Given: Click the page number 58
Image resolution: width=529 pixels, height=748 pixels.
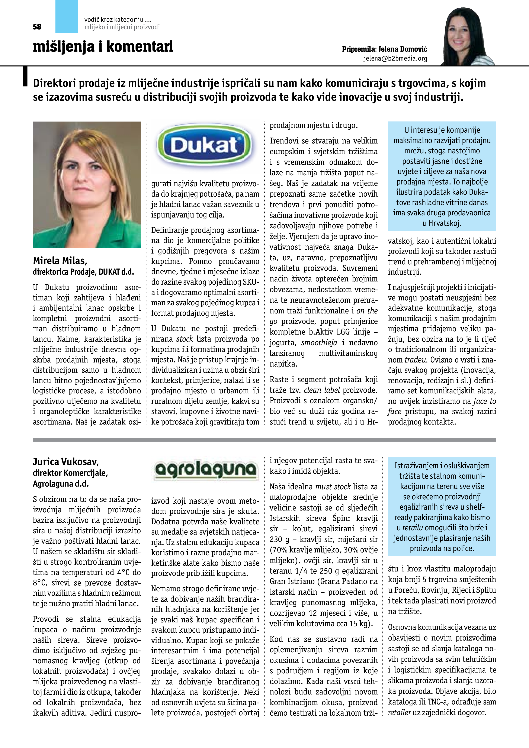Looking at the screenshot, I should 37,27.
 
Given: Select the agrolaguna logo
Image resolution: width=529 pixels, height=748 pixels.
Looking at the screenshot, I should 205,470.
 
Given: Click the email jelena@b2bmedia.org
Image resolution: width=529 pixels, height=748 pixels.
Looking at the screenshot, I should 395,58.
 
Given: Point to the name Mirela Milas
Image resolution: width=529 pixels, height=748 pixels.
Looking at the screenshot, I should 60,261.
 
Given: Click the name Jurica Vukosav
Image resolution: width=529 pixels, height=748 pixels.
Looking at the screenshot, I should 65,462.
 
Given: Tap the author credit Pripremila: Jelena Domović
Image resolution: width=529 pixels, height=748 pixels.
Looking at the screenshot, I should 384,49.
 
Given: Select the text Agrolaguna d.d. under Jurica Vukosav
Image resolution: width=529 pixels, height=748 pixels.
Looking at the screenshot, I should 61,484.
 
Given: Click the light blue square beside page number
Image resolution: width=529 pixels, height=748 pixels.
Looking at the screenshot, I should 67,16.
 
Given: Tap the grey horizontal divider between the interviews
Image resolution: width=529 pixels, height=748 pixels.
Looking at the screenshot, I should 264,440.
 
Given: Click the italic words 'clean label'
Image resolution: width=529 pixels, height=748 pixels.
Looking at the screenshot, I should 322,390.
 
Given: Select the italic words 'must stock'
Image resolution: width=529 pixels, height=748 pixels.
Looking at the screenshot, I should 333,487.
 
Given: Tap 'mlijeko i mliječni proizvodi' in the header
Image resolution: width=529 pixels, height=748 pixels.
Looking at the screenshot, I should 122,27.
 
